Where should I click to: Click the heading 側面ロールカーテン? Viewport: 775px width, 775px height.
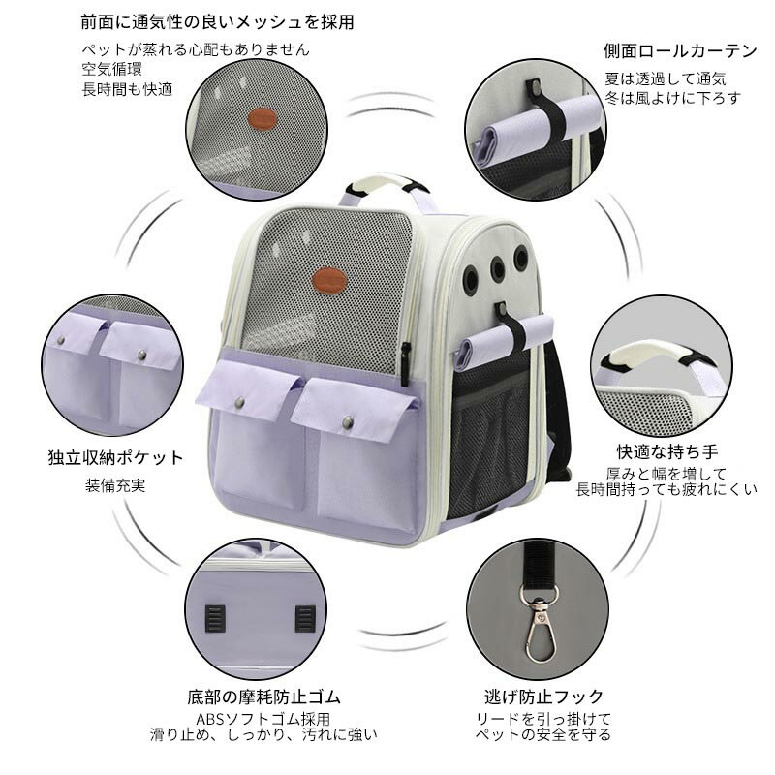click(680, 50)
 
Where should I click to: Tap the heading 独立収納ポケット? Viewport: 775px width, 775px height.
click(115, 457)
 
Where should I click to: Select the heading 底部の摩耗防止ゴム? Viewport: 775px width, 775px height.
click(263, 697)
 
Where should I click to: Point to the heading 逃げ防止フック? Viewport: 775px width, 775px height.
click(543, 697)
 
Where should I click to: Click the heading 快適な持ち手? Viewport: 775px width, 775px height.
click(666, 451)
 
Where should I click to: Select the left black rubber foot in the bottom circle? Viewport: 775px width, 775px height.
click(215, 618)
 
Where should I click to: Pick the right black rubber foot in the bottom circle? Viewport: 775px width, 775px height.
click(305, 618)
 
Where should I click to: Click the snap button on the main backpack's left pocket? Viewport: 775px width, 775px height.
click(240, 402)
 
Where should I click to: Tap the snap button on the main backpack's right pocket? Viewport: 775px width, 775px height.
click(348, 421)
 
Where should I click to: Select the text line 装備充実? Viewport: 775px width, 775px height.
click(115, 485)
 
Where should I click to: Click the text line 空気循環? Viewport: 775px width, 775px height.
click(112, 69)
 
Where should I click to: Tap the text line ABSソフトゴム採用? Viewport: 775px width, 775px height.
click(263, 718)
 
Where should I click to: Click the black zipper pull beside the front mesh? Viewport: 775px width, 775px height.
click(405, 363)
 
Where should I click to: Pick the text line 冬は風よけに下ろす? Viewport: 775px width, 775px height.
click(672, 99)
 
